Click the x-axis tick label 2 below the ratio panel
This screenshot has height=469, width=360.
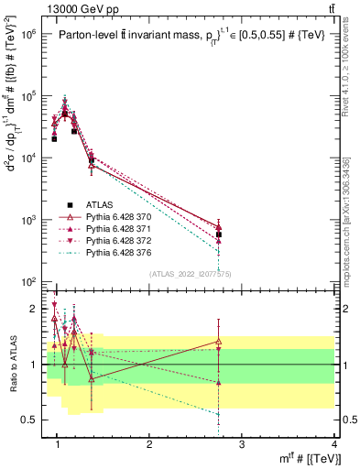(149, 444)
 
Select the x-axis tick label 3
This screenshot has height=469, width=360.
(242, 444)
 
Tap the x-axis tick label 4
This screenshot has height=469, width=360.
(334, 444)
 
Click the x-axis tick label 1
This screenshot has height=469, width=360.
(57, 444)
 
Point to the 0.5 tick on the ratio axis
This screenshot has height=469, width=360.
(33, 420)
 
